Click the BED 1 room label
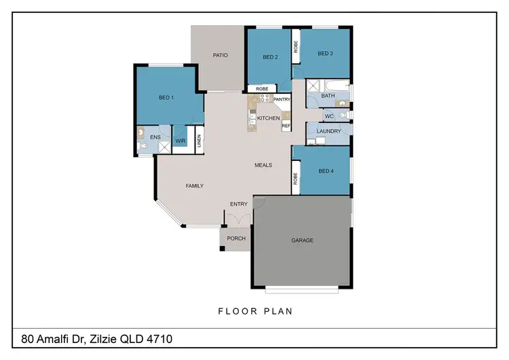(166, 98)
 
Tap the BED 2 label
(271, 57)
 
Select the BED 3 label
(325, 54)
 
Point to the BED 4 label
(326, 171)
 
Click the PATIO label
(220, 56)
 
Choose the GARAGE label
(302, 240)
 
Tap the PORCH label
(235, 238)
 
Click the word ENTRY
(238, 204)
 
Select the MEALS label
(263, 165)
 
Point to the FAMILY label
(195, 185)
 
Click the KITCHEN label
(268, 118)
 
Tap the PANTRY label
(282, 100)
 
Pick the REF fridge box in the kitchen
(286, 126)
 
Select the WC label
(328, 116)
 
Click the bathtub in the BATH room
(337, 87)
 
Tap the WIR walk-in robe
(181, 141)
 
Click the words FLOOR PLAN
(254, 312)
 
